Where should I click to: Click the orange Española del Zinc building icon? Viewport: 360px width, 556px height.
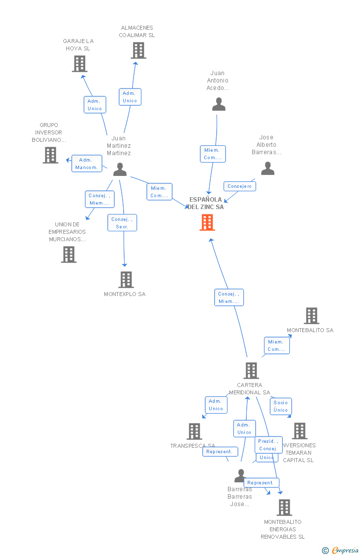(x=207, y=222)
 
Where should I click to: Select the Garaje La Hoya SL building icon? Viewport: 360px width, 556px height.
(x=80, y=64)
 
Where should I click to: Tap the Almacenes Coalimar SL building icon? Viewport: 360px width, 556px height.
(x=138, y=50)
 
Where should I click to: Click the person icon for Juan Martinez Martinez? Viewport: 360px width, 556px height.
(x=120, y=170)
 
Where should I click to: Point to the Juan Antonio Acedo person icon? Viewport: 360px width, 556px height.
(x=219, y=104)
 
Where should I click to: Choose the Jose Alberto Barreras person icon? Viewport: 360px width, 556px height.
(x=268, y=169)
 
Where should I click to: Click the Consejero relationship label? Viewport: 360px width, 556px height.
(x=240, y=186)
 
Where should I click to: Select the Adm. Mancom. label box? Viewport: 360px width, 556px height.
(x=87, y=164)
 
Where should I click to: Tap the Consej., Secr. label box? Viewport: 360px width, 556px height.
(x=122, y=223)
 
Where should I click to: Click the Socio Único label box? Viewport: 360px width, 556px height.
(x=280, y=406)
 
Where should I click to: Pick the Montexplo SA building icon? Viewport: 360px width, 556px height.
(x=126, y=280)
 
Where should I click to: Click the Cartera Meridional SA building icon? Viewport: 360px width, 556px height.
(x=251, y=371)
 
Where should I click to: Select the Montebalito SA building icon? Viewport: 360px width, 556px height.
(x=312, y=316)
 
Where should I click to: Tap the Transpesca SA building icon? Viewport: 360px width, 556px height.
(x=194, y=431)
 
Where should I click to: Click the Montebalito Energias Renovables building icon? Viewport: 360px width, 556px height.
(x=284, y=508)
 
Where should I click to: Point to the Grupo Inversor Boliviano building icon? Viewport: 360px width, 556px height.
(x=50, y=155)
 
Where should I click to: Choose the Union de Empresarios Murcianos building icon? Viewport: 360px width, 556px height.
(x=69, y=255)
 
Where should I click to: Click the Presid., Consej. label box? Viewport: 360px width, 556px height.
(x=269, y=445)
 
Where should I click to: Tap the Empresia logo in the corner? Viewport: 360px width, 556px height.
(x=341, y=550)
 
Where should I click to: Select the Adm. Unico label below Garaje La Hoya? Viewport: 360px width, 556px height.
(x=94, y=105)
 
